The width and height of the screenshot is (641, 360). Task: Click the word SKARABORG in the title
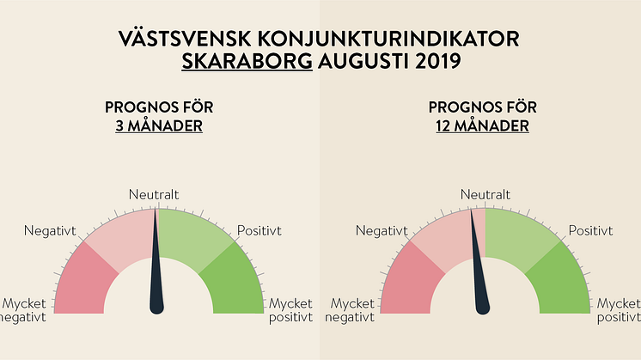pyautogui.click(x=247, y=61)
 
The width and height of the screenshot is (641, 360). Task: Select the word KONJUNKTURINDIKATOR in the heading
pyautogui.click(x=388, y=39)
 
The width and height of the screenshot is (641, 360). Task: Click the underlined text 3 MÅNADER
pyautogui.click(x=159, y=125)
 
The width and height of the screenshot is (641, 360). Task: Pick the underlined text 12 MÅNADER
pyautogui.click(x=482, y=125)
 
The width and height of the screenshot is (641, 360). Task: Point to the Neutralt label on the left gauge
pyautogui.click(x=154, y=194)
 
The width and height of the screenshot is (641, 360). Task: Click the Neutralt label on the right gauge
pyautogui.click(x=485, y=194)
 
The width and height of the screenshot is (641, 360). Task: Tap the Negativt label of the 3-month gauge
pyautogui.click(x=50, y=231)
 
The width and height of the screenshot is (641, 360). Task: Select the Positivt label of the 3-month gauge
pyautogui.click(x=259, y=231)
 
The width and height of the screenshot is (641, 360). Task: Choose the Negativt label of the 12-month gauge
pyautogui.click(x=382, y=231)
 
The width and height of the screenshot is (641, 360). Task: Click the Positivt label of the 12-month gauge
pyautogui.click(x=590, y=231)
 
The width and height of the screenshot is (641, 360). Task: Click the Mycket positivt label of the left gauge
pyautogui.click(x=290, y=310)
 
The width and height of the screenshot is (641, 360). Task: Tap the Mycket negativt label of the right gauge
pyautogui.click(x=350, y=310)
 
